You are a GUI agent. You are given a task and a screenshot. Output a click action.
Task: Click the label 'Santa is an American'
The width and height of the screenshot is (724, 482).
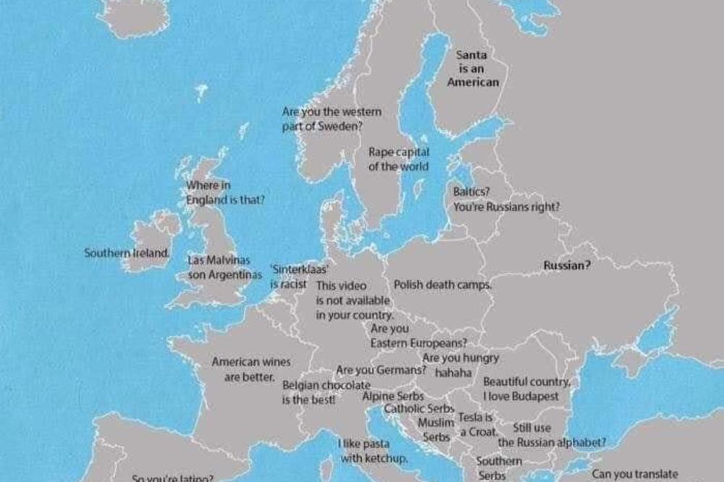pyautogui.click(x=473, y=68)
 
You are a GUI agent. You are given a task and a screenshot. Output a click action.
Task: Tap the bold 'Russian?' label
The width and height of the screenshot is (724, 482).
pyautogui.click(x=567, y=266)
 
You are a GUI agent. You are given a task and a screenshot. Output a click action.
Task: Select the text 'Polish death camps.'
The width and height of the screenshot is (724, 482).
pyautogui.click(x=442, y=284)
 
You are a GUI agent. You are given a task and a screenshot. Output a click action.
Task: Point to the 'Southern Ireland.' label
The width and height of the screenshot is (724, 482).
pyautogui.click(x=127, y=253)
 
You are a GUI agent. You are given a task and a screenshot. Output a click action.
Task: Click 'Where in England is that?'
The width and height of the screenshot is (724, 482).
pyautogui.click(x=224, y=193)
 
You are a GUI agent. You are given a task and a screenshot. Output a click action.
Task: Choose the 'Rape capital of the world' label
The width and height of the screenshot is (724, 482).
pyautogui.click(x=398, y=159)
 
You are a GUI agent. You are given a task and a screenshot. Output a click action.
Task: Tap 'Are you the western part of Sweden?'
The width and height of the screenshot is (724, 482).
pyautogui.click(x=331, y=119)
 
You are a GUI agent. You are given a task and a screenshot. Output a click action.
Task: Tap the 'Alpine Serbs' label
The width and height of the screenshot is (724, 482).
pyautogui.click(x=393, y=397)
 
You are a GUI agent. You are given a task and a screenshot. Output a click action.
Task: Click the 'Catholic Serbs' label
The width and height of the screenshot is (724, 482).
pyautogui.click(x=419, y=409)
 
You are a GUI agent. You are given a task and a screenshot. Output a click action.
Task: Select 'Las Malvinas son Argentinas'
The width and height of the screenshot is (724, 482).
pyautogui.click(x=224, y=267)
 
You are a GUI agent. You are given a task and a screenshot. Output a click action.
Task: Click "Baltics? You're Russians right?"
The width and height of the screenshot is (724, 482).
pyautogui.click(x=506, y=200)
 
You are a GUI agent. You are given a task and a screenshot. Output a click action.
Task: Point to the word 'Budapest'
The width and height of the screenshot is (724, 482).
pyautogui.click(x=535, y=397)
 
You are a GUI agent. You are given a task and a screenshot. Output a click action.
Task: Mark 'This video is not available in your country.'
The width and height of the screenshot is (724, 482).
pyautogui.click(x=353, y=300)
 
